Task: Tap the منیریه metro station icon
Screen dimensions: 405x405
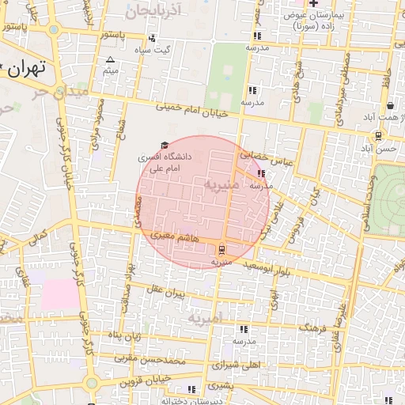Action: tap(221, 247)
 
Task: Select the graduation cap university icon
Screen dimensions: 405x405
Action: tap(165, 146)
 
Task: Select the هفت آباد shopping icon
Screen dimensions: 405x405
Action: tap(391, 105)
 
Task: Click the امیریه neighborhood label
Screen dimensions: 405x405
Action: tap(206, 317)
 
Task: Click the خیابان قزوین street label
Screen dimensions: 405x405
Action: tap(146, 381)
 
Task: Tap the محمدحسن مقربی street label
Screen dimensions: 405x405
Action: tap(139, 358)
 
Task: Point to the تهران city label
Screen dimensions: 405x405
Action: tap(28, 68)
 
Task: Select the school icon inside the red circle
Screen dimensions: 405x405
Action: tap(261, 173)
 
